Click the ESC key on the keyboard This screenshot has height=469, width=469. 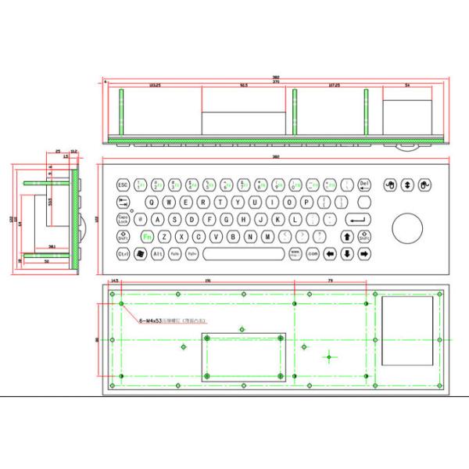[x=123, y=185]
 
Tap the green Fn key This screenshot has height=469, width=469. [x=146, y=237]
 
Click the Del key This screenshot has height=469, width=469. [x=363, y=185]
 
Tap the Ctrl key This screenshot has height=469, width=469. [x=124, y=254]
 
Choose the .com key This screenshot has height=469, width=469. [x=313, y=254]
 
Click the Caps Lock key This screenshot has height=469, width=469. [x=124, y=220]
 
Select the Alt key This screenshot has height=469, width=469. [x=157, y=254]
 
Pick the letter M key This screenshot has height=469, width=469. [x=267, y=237]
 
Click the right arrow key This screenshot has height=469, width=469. [x=363, y=254]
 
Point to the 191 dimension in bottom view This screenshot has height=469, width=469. [x=207, y=280]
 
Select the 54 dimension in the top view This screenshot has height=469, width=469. [x=407, y=84]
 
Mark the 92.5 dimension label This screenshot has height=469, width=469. [x=244, y=84]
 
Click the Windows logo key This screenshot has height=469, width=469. [x=141, y=254]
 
